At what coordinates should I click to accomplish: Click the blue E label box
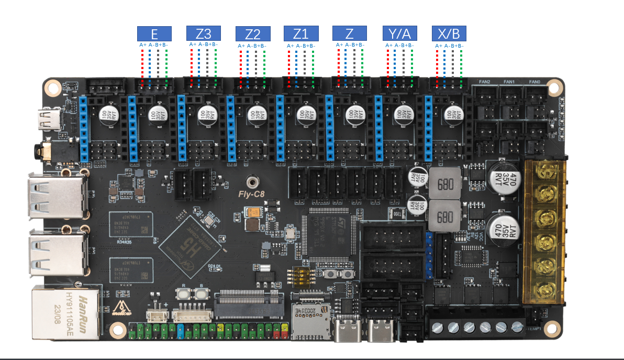(154, 34)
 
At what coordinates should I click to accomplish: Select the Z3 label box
(204, 33)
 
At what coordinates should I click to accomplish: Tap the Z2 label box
(253, 34)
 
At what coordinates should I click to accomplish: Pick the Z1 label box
(301, 33)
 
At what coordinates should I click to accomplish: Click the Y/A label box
(400, 33)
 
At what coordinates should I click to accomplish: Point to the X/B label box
(449, 33)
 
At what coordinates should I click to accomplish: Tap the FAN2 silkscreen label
(484, 82)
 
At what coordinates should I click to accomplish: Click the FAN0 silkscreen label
(534, 82)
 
